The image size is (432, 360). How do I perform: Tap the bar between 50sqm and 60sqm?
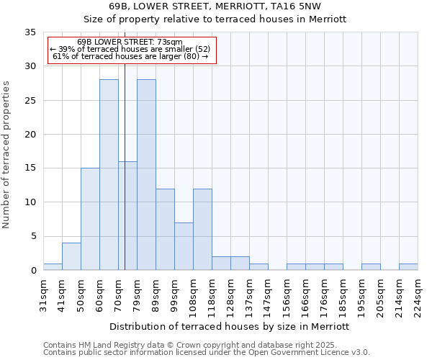click(90, 219)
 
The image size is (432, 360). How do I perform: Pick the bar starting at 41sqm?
click(71, 256)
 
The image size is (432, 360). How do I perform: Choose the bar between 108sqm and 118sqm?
click(202, 229)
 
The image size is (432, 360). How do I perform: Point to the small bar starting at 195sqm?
click(371, 267)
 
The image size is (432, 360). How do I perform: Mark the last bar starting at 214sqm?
click(408, 267)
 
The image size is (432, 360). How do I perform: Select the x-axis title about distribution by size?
click(230, 326)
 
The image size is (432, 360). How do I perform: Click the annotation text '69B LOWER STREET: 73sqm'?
click(130, 42)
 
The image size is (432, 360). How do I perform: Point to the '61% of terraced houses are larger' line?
click(130, 56)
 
